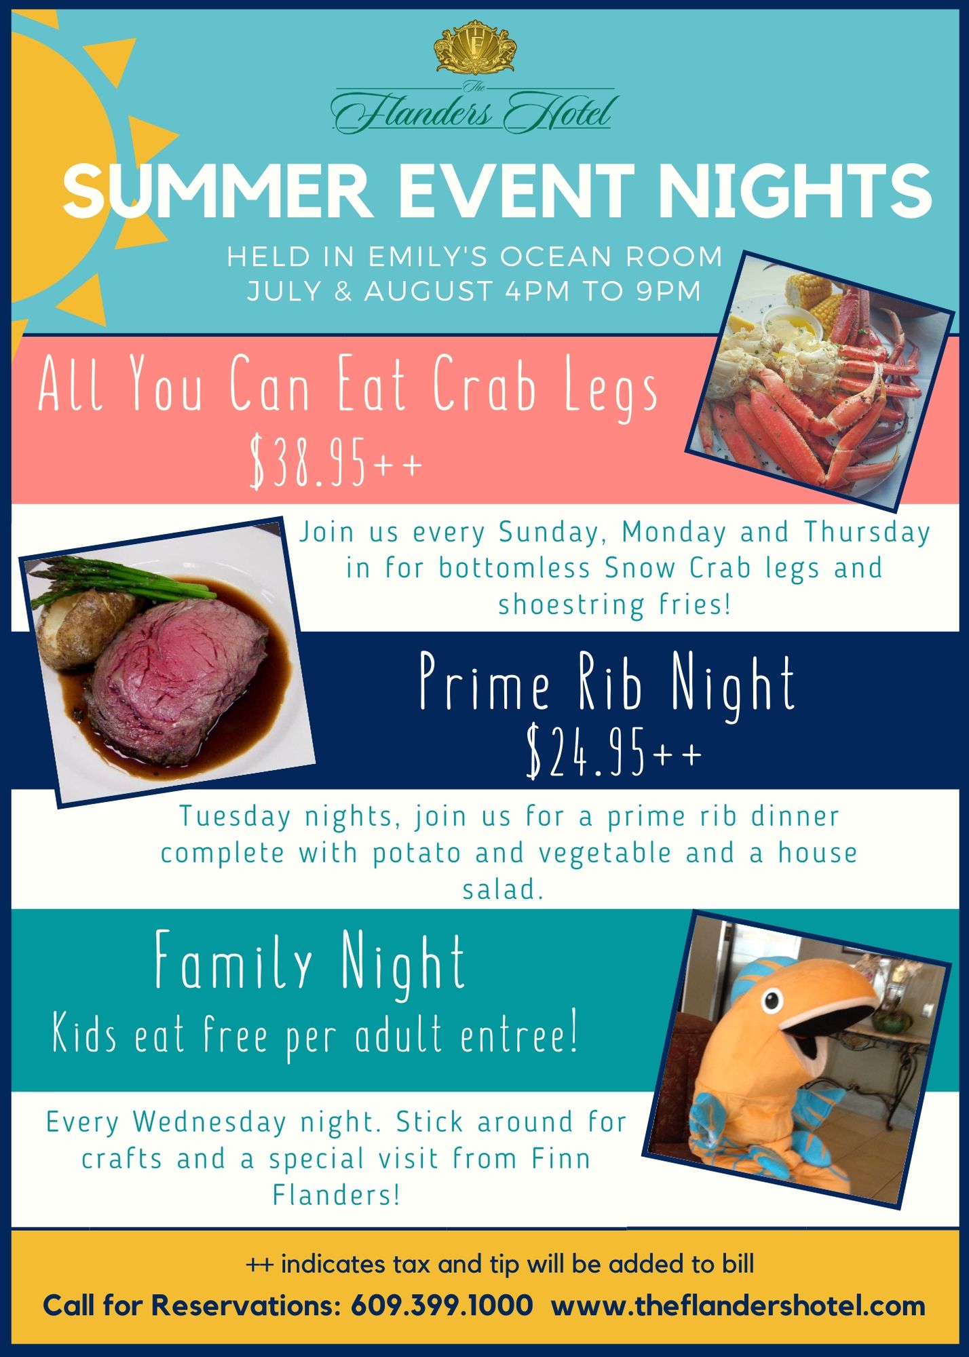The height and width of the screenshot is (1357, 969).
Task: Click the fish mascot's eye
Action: pyautogui.click(x=771, y=999)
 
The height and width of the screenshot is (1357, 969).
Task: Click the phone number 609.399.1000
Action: pyautogui.click(x=442, y=1306)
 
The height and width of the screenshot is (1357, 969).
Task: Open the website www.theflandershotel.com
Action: pyautogui.click(x=738, y=1307)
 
